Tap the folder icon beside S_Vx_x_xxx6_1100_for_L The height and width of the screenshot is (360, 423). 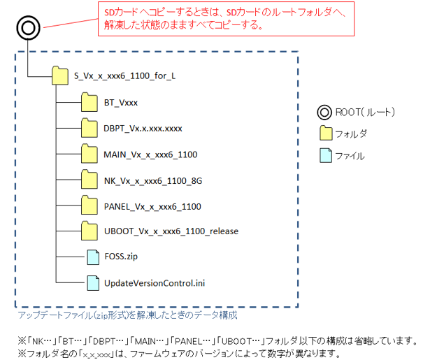click(x=61, y=74)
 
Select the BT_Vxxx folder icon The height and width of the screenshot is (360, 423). click(x=89, y=103)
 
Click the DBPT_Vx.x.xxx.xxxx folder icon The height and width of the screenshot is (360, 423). click(x=89, y=129)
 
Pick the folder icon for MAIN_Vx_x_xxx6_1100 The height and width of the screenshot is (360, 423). click(x=89, y=154)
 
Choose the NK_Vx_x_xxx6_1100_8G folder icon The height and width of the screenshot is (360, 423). click(x=89, y=180)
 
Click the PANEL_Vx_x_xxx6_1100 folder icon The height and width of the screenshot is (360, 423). click(x=89, y=206)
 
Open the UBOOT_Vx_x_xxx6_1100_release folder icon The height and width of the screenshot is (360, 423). click(x=89, y=231)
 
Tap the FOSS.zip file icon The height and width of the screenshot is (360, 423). click(x=92, y=257)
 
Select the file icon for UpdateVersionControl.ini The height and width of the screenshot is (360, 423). click(x=92, y=283)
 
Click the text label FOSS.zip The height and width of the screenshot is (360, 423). click(x=120, y=257)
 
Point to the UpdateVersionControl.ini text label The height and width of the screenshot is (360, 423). click(x=154, y=283)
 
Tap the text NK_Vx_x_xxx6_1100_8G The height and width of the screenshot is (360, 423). click(x=152, y=180)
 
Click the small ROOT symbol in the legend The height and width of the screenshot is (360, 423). click(x=325, y=112)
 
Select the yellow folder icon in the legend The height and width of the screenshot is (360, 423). click(x=325, y=134)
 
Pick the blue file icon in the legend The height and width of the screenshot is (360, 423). click(x=325, y=155)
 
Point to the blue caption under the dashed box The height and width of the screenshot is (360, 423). click(x=127, y=315)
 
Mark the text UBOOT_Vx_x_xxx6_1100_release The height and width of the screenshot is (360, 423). click(x=171, y=231)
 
